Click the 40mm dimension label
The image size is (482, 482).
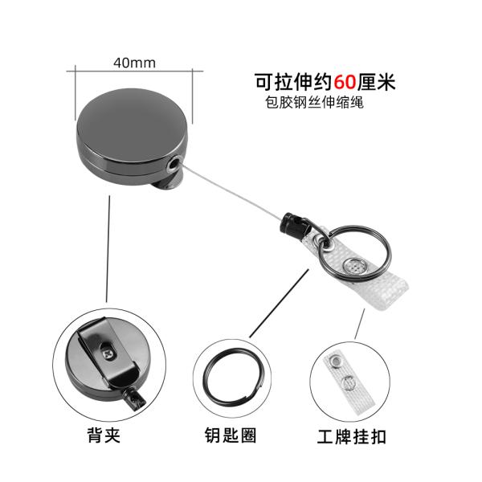coord(134,62)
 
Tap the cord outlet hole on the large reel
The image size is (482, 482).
coord(176,164)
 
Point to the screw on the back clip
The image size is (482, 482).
coord(108,349)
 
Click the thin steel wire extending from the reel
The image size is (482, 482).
coord(233,194)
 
